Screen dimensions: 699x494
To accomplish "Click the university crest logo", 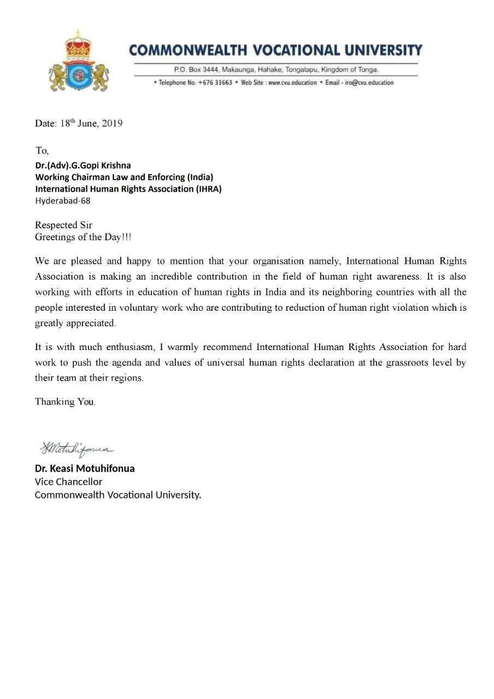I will [79, 61].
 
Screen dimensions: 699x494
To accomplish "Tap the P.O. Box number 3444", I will [209, 70].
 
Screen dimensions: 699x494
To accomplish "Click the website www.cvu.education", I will [292, 82].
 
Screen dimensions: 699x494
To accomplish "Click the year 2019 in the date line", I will [112, 123].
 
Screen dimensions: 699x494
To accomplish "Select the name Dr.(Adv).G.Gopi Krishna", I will [83, 165].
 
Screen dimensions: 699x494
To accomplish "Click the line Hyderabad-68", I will [63, 200].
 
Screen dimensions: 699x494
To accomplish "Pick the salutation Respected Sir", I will [64, 225].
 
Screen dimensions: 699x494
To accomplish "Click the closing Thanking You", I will [65, 402].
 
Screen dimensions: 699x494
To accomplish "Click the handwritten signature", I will [76, 448].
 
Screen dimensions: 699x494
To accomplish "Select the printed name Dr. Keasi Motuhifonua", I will [85, 469].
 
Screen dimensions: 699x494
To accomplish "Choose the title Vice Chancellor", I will [68, 482].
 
